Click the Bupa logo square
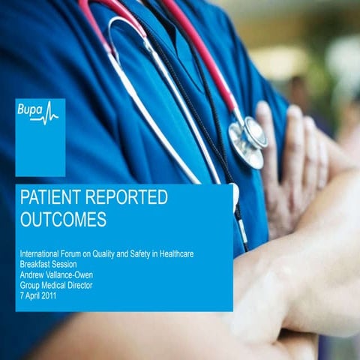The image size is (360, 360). [40, 137]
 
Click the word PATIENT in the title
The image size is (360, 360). [52, 199]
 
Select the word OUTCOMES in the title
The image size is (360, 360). [63, 220]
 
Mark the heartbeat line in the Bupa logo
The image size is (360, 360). [50, 113]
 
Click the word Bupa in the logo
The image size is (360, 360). [31, 110]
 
